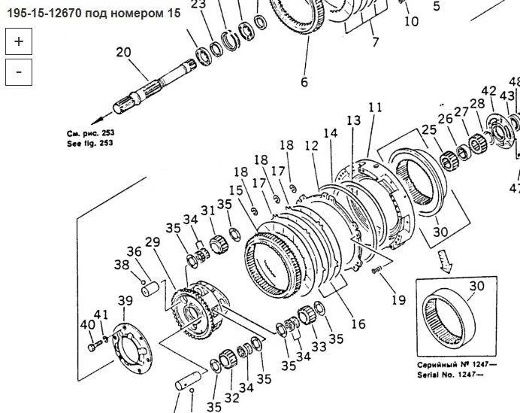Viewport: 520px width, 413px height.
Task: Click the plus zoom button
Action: (x=19, y=41)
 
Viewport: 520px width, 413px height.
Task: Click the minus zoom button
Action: (x=19, y=72)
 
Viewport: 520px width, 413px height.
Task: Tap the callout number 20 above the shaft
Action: (x=124, y=53)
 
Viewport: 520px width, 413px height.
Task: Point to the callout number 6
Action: (x=304, y=82)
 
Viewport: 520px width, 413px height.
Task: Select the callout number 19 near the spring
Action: (x=398, y=300)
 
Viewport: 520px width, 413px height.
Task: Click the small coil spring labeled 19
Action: (x=377, y=270)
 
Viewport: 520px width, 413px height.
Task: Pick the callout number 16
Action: (x=358, y=323)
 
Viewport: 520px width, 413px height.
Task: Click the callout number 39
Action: (x=125, y=301)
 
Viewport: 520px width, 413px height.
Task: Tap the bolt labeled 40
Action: (x=94, y=348)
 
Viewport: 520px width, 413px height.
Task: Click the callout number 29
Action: (x=153, y=242)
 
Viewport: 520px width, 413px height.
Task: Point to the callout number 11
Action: (x=375, y=108)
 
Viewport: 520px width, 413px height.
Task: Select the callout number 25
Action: (x=429, y=129)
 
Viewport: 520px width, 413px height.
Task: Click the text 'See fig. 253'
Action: (x=90, y=144)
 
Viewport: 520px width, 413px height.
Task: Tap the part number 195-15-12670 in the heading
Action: (x=44, y=14)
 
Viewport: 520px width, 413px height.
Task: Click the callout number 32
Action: (x=231, y=397)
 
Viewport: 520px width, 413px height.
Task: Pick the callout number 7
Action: (x=375, y=42)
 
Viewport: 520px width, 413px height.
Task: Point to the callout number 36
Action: (x=134, y=252)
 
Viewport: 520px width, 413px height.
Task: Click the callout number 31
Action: (x=208, y=211)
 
